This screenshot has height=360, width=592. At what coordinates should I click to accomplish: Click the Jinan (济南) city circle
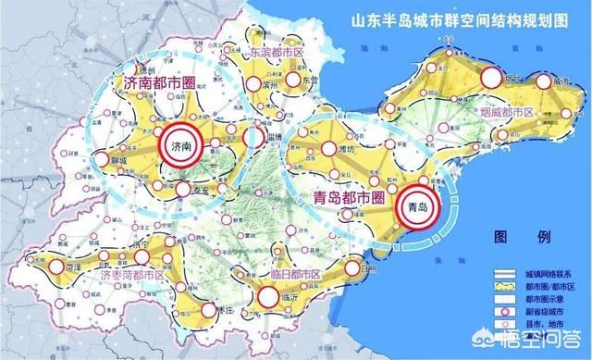178,145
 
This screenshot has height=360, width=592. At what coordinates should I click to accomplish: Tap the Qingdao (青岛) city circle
417,207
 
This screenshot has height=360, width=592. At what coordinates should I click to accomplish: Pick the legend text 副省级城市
549,315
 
